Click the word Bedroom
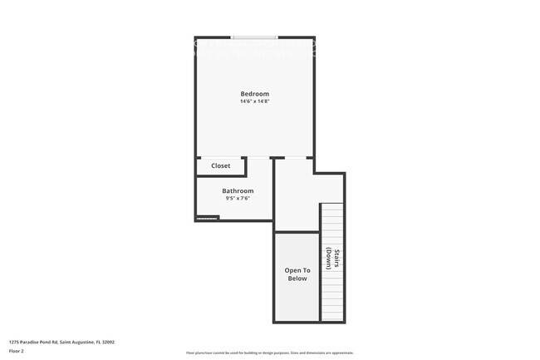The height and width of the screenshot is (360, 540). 254,94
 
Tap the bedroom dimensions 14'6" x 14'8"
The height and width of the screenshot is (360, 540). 254,101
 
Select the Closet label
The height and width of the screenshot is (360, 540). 220,165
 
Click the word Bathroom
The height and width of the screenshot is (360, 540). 238,191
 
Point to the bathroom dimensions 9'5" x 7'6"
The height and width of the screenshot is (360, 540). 238,199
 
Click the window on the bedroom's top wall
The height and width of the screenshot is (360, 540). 255,37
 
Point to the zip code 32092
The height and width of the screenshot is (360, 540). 108,342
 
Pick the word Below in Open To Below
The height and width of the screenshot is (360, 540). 297,279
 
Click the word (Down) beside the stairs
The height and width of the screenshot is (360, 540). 329,260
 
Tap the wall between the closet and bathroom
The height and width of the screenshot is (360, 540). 220,176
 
